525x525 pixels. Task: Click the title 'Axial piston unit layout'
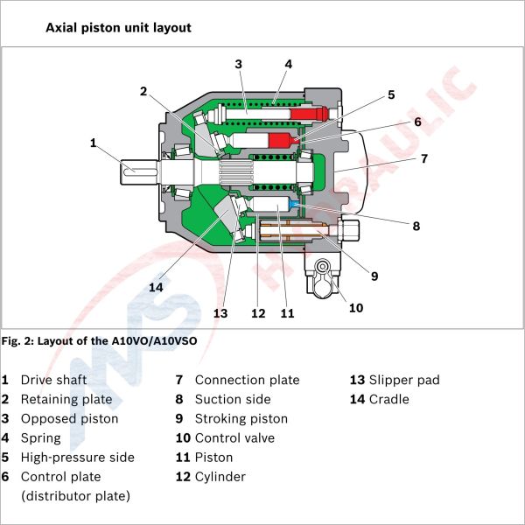point(118,28)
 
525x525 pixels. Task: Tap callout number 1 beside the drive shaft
point(93,143)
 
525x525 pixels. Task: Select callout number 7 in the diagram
point(424,158)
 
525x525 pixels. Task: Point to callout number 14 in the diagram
point(156,287)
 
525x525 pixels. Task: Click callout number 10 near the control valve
point(356,308)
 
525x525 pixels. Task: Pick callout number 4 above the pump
point(288,64)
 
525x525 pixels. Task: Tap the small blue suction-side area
point(294,204)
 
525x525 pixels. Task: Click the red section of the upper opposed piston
point(308,114)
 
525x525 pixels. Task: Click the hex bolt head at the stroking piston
point(348,230)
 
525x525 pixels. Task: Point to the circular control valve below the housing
point(322,267)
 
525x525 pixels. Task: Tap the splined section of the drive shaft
point(236,172)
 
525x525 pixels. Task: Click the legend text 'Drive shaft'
point(53,380)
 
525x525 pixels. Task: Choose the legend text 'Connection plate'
point(247,380)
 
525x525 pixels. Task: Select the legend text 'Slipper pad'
point(404,380)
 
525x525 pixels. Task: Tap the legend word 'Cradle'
point(388,400)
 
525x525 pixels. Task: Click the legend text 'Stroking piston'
point(241,419)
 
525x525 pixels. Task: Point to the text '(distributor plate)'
point(75,496)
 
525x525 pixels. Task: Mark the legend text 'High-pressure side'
point(77,458)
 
